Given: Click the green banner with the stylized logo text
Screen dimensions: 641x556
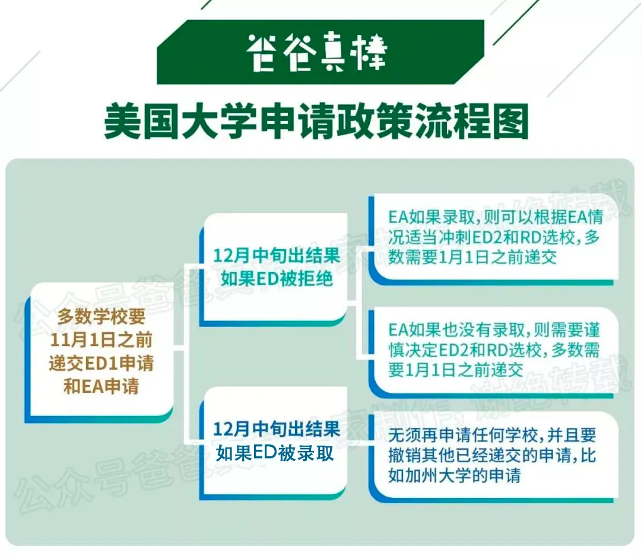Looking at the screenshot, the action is coord(320,52).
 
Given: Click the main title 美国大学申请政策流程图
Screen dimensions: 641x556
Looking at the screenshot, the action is coord(316,122).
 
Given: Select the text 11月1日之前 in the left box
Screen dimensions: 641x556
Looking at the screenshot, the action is coord(101,340).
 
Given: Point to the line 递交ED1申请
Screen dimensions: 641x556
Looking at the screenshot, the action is coord(101,363).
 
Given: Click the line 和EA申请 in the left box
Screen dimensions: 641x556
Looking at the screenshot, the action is coord(101,386).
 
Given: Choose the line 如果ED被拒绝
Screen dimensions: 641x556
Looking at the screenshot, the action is coord(277,279).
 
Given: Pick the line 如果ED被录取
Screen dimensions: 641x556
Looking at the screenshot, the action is coord(275,453).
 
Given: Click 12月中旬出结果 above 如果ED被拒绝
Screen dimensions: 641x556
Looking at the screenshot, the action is coord(277,256).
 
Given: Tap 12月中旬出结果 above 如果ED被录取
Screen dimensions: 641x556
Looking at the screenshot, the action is coord(277,429).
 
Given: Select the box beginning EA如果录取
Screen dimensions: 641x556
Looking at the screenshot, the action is coord(493,239).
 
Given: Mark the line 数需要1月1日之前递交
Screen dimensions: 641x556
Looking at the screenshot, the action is coord(472,257).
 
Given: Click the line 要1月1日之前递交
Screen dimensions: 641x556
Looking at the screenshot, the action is coord(455,370).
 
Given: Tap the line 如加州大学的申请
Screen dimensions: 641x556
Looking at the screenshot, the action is coord(454,475).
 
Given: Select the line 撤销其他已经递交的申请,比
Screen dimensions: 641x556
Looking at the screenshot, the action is coord(492,456).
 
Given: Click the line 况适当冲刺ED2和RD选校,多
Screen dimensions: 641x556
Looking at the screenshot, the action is coord(493,237).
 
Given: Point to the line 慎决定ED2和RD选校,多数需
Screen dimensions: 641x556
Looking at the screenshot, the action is coord(493,350).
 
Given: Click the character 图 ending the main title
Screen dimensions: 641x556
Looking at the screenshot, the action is coord(511,122).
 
